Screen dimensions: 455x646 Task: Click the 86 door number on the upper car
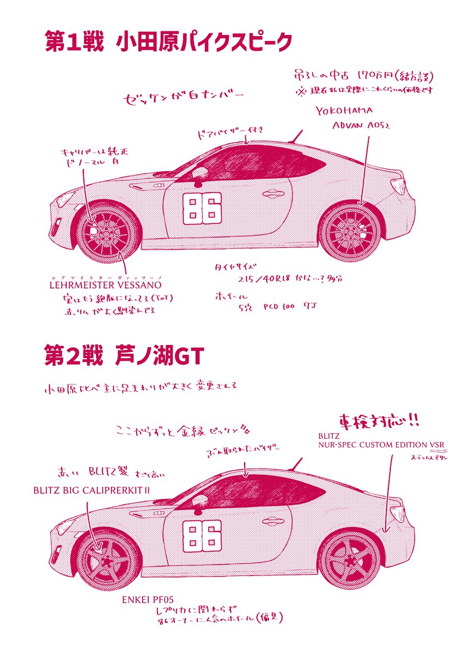pyautogui.click(x=202, y=209)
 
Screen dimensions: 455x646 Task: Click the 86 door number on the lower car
pyautogui.click(x=202, y=537)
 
